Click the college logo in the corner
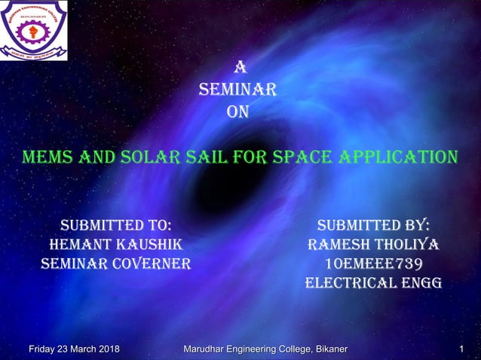click(34, 31)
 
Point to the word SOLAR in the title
click(156, 158)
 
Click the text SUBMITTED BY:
click(374, 224)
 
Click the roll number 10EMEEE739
click(374, 264)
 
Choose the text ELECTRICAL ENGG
click(374, 283)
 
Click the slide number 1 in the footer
click(461, 349)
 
